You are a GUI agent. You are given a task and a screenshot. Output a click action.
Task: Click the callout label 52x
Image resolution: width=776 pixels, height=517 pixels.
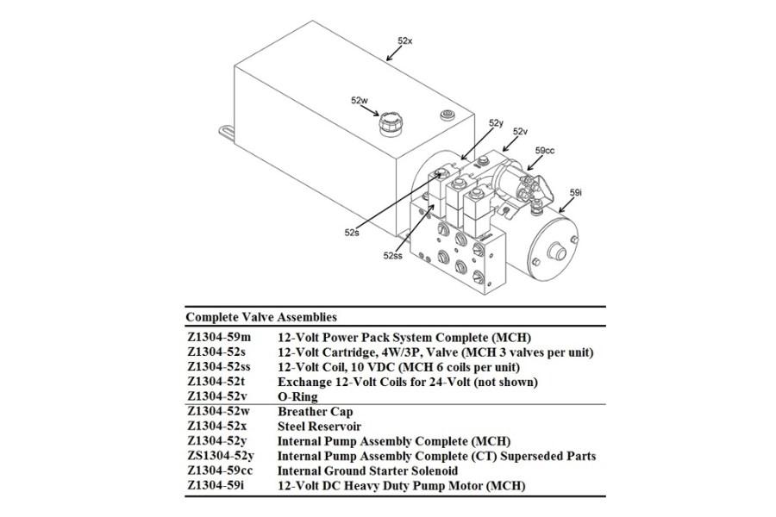tap(405, 40)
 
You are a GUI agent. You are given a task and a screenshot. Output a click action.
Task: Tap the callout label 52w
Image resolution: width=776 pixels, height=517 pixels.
tap(360, 100)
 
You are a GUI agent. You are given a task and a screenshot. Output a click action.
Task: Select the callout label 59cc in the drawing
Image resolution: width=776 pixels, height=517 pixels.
tap(544, 151)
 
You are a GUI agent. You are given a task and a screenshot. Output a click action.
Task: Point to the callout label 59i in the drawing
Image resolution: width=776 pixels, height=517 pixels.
tap(576, 193)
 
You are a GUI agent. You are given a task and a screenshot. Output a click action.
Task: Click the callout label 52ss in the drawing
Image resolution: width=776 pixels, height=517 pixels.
tap(393, 255)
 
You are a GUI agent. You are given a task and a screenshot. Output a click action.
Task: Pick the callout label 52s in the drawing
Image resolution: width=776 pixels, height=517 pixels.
tap(352, 232)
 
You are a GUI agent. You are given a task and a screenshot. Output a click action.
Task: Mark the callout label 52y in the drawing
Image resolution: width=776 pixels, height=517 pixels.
tap(496, 123)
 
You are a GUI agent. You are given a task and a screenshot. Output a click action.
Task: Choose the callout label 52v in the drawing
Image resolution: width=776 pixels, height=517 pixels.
tap(520, 131)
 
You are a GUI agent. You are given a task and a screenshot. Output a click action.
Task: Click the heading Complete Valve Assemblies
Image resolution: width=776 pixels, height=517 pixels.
tap(261, 317)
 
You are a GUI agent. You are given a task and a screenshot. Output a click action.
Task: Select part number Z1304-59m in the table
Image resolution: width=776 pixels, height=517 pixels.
tap(219, 337)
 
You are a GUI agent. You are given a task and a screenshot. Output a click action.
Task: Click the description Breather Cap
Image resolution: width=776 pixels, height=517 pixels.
tap(315, 412)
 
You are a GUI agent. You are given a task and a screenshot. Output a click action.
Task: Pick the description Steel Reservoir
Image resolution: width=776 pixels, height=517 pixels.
tap(319, 427)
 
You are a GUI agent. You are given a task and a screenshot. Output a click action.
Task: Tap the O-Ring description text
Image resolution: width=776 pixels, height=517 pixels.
tap(297, 397)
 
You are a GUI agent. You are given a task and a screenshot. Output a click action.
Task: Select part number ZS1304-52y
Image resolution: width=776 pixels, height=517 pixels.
tap(222, 456)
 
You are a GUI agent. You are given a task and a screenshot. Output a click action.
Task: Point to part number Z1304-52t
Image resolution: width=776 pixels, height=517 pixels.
tap(217, 381)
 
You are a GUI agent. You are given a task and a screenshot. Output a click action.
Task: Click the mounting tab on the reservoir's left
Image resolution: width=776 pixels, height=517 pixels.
tap(227, 133)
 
